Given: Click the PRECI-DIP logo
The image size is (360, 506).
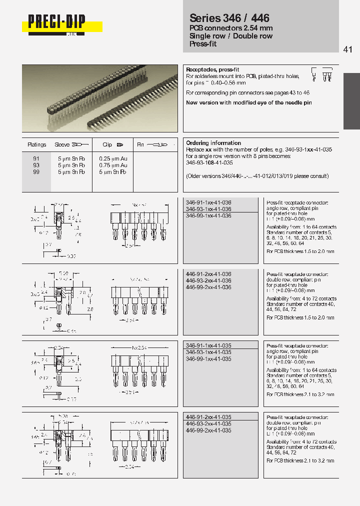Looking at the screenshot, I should click(x=56, y=23).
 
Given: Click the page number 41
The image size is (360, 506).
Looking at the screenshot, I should click(x=348, y=49).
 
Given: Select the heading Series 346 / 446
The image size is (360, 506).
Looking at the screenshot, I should click(x=229, y=19).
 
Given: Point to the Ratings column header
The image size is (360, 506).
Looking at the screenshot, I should click(x=36, y=144).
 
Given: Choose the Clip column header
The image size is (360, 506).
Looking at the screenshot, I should click(x=107, y=144).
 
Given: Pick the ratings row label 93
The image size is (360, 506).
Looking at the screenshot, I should click(x=36, y=165).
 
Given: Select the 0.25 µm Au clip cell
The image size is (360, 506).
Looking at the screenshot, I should click(x=113, y=158).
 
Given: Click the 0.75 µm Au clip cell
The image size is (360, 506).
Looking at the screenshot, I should click(x=113, y=165).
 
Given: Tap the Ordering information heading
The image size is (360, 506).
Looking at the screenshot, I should click(x=213, y=143).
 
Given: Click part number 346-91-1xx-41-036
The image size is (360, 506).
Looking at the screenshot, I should click(x=208, y=202).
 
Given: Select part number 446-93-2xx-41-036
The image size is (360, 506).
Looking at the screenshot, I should click(x=208, y=281).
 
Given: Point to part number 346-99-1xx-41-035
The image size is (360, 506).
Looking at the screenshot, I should click(x=208, y=359).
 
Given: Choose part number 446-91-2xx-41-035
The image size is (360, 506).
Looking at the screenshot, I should click(x=208, y=417).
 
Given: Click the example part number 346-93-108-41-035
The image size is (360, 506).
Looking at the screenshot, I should click(x=209, y=162).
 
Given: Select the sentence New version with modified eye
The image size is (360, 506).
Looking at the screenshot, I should click(x=248, y=102).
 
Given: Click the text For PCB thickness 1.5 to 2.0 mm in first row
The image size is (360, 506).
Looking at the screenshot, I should click(x=300, y=251).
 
